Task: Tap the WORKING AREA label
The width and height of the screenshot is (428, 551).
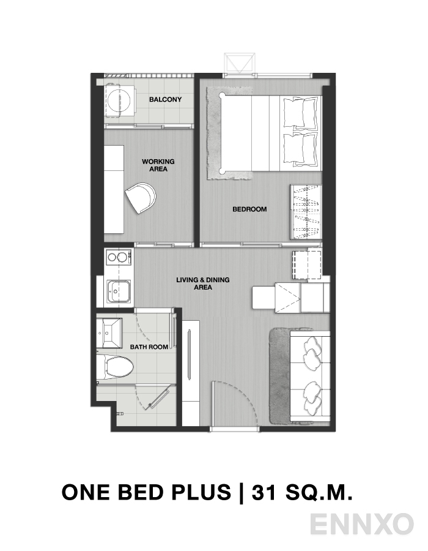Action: coord(158,165)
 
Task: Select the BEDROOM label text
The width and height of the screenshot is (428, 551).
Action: coord(249,209)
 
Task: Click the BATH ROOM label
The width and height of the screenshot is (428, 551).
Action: coord(149,347)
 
